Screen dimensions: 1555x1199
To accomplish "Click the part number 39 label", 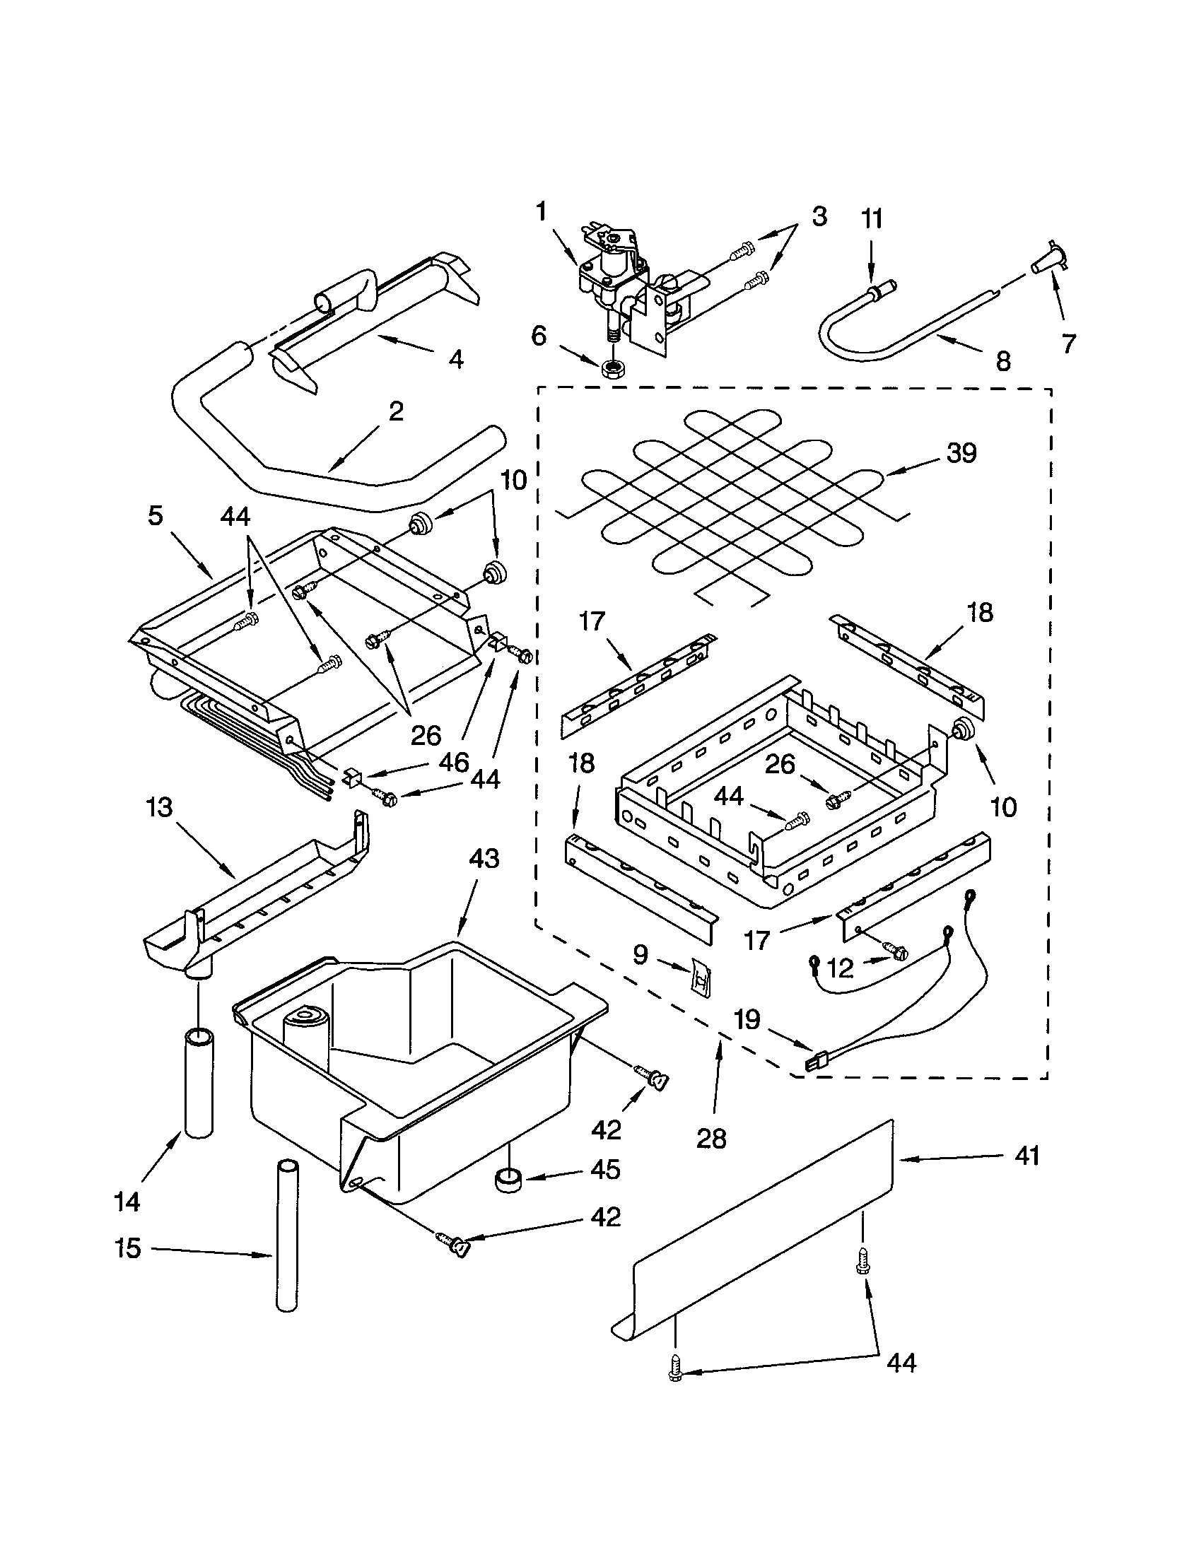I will tap(961, 454).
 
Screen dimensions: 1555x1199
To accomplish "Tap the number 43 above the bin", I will tap(484, 859).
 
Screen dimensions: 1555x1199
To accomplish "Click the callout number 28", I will tap(711, 1139).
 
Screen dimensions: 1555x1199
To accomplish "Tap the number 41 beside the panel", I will tap(1027, 1156).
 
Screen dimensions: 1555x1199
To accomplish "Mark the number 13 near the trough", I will tap(160, 808).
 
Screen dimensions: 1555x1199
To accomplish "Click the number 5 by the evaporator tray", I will tap(156, 515).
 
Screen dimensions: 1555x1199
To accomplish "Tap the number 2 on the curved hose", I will tap(396, 411).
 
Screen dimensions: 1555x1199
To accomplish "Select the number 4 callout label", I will tap(456, 360).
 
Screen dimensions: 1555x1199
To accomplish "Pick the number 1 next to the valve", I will tap(542, 211).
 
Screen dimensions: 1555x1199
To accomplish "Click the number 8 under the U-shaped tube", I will tap(1002, 363).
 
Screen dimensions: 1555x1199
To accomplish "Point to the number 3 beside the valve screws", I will tap(819, 216).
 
